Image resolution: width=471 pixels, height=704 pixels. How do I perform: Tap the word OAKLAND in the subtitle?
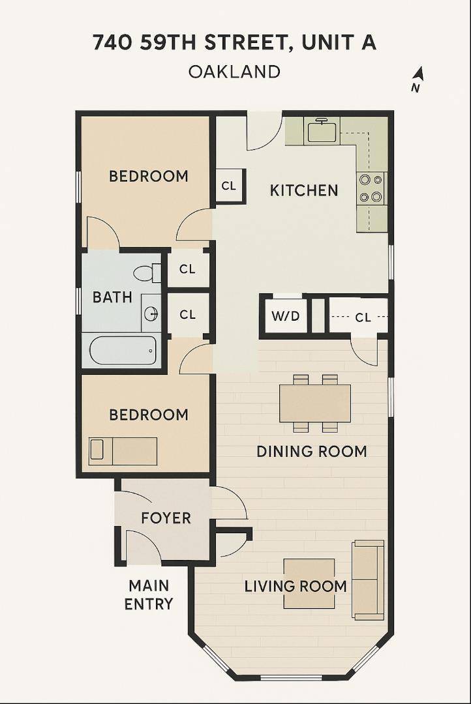[x=234, y=71]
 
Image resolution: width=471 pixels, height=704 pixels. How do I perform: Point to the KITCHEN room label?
[x=304, y=190]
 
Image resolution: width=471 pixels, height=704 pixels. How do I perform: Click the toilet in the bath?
[x=148, y=272]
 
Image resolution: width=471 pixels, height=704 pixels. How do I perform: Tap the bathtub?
[x=123, y=351]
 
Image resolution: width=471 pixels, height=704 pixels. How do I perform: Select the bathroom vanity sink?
[x=151, y=314]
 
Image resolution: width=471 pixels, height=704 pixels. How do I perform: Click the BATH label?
[x=112, y=297]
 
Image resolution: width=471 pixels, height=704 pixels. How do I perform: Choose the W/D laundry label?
[x=285, y=317]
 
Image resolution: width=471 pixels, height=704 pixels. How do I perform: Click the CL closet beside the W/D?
[x=363, y=317]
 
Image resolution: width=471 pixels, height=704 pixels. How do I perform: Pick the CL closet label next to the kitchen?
[x=228, y=186]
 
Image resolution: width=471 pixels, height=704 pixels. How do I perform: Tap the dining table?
[x=315, y=403]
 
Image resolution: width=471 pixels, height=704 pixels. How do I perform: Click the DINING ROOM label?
[x=311, y=451]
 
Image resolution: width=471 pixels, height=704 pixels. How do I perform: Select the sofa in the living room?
[x=368, y=579]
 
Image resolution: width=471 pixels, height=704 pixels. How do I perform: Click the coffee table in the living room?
[x=309, y=583]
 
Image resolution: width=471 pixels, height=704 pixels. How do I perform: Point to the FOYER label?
[x=166, y=518]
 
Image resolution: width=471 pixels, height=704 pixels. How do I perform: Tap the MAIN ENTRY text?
[x=149, y=594]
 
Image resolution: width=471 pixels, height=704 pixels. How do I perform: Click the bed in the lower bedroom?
[x=123, y=451]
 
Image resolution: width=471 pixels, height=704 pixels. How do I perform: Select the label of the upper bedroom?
[x=148, y=176]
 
